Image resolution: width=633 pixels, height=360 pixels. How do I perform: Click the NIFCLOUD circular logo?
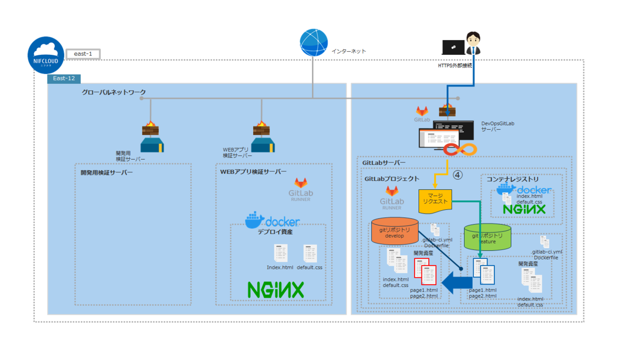click(47, 55)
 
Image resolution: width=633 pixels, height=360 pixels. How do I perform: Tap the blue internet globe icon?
click(314, 43)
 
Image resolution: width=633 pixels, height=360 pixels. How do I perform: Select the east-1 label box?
click(83, 54)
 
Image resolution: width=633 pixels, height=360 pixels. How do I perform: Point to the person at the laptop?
click(473, 44)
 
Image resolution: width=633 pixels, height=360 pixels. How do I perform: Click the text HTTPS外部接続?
click(455, 66)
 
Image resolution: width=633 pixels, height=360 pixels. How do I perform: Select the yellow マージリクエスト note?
click(435, 201)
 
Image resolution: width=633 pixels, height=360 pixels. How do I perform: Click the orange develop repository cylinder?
click(395, 231)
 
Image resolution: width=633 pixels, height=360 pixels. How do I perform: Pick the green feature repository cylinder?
click(487, 237)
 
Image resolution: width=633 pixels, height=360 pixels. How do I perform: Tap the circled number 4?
click(457, 175)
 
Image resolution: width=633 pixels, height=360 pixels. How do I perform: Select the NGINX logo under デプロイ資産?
click(276, 289)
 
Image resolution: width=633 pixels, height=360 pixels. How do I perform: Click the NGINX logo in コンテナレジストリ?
click(523, 209)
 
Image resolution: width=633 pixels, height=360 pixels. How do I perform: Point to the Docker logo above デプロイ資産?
click(272, 220)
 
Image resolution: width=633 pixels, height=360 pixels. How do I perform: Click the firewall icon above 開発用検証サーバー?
click(150, 128)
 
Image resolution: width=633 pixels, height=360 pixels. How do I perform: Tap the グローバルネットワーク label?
click(113, 92)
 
